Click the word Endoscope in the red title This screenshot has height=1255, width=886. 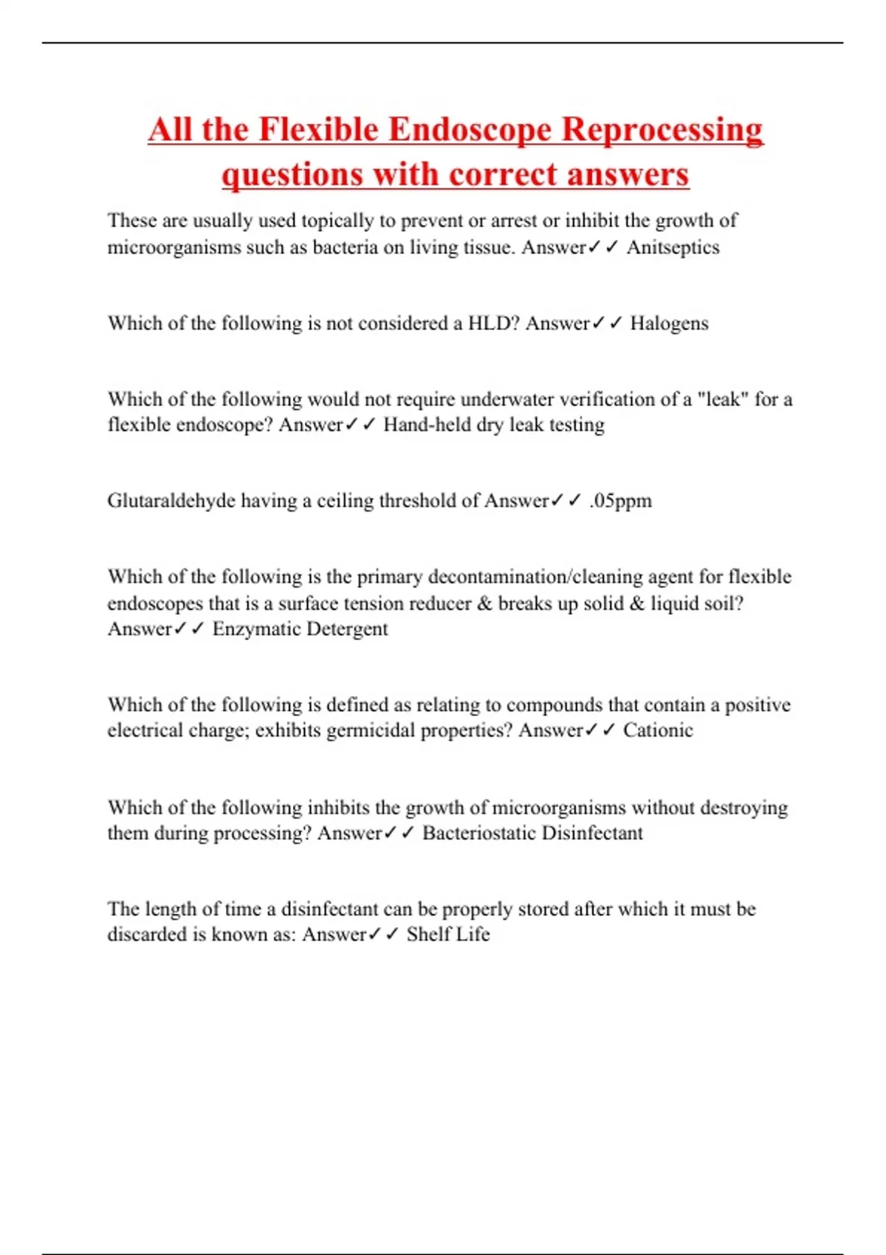(x=470, y=130)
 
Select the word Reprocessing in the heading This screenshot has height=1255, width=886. (x=662, y=130)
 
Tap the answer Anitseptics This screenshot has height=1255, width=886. (x=673, y=247)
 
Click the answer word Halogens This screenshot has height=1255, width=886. (x=669, y=323)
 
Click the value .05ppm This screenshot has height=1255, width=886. (x=620, y=501)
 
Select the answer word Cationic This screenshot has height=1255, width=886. (x=658, y=730)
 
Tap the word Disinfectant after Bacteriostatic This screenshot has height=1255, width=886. (x=592, y=833)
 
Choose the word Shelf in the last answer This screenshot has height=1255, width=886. (x=428, y=935)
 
